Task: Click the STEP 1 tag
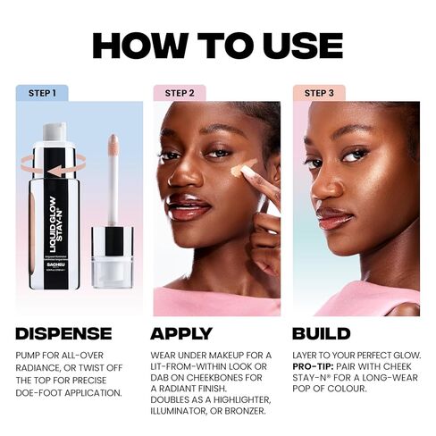coord(42,92)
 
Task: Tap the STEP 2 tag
coord(180,92)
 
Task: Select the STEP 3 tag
coord(319,92)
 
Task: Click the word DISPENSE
coord(63,333)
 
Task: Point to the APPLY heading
coord(182,333)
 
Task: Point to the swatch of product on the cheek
coord(243,168)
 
